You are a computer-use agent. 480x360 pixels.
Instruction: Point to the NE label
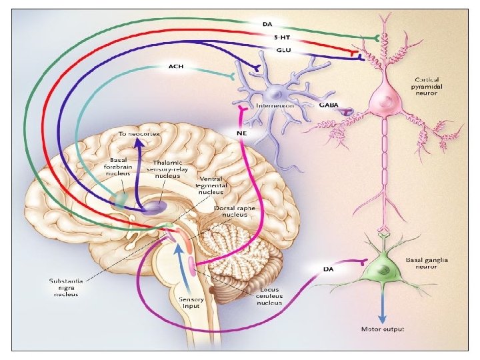coord(242,132)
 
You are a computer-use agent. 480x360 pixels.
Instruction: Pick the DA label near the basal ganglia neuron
coord(329,269)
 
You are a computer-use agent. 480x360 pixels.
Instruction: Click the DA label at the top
coord(267,25)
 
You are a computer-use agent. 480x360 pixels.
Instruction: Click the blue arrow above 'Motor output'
coord(383,307)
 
